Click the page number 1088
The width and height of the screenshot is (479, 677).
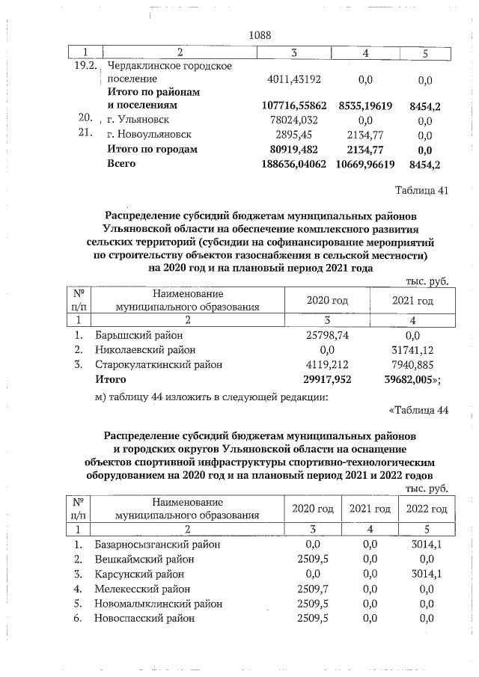[x=259, y=35]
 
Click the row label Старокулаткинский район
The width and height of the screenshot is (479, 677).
[x=159, y=364]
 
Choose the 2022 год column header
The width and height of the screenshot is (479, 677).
[x=426, y=509]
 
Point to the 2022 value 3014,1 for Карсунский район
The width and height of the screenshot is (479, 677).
[x=426, y=574]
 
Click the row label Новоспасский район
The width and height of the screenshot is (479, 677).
[x=144, y=619]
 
